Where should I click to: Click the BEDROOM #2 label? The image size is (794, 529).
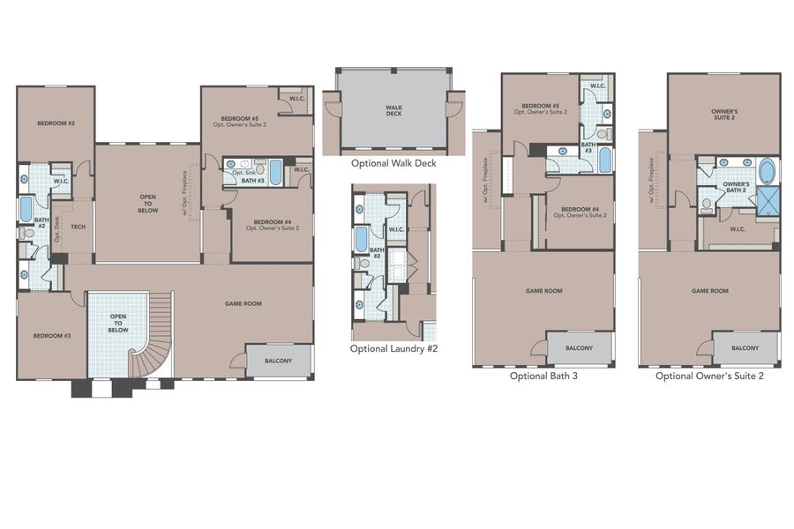pos(55,123)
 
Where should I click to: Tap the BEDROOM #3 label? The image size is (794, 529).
pos(51,335)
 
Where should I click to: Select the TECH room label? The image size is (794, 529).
pos(77,226)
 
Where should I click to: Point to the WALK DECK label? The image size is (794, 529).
pos(393,110)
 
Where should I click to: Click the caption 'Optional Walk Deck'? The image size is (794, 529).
pos(393,163)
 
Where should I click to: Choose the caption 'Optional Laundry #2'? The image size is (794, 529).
pos(393,348)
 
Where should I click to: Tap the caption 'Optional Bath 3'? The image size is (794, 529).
pos(543,375)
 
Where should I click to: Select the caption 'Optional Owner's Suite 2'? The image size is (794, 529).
pos(709,375)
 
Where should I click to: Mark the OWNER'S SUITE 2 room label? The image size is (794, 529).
pos(723,115)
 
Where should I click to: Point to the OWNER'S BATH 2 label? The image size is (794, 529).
pos(737,187)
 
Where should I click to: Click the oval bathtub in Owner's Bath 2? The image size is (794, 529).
pos(767,169)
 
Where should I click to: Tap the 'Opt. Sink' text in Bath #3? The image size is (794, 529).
pos(244,173)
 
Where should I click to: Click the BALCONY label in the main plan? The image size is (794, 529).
pos(278,361)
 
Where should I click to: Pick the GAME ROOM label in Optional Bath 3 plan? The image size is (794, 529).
pos(543,290)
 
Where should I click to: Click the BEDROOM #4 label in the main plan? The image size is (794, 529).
pos(271,224)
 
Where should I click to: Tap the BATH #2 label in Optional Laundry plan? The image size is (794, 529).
pos(378,252)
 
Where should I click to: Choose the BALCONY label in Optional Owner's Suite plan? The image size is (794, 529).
pos(745,347)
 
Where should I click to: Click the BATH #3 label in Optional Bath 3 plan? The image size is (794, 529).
pos(588,147)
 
